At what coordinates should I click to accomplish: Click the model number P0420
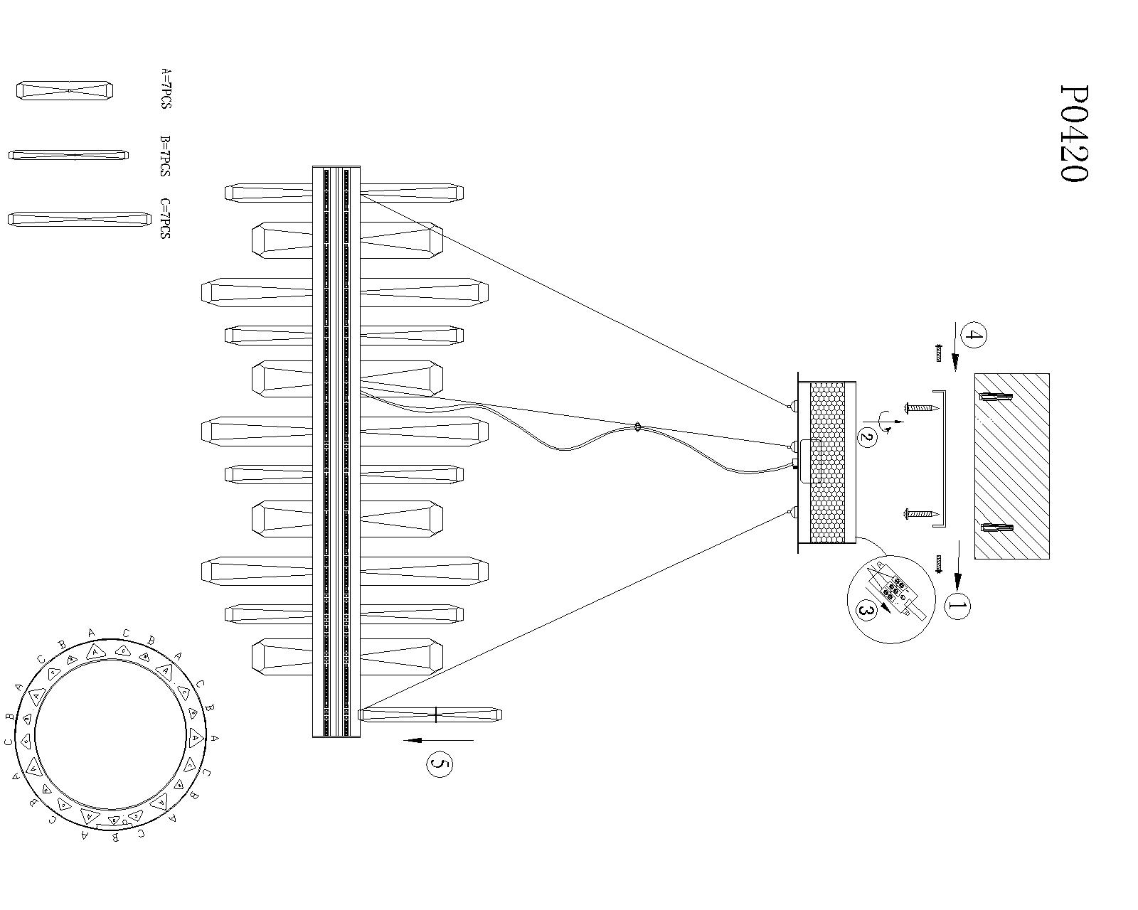pos(1073,134)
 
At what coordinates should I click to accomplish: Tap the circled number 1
pos(957,606)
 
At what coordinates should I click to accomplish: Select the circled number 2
pos(866,437)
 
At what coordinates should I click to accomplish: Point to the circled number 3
pos(866,610)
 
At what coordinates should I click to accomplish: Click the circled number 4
pos(973,336)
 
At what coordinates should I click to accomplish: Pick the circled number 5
pos(440,764)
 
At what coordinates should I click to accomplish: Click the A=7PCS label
pos(166,89)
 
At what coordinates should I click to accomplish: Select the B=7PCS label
pos(165,156)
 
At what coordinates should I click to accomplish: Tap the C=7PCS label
pos(165,218)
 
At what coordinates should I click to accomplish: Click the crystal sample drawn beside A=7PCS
pos(65,90)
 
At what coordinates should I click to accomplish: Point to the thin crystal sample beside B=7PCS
pos(68,155)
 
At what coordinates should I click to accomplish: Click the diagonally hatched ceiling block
pos(1011,466)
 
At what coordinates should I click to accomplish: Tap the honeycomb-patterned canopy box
pos(827,462)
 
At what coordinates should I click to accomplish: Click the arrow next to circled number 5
pos(437,740)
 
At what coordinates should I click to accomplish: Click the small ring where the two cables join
pos(637,427)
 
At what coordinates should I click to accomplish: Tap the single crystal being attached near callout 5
pos(430,714)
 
